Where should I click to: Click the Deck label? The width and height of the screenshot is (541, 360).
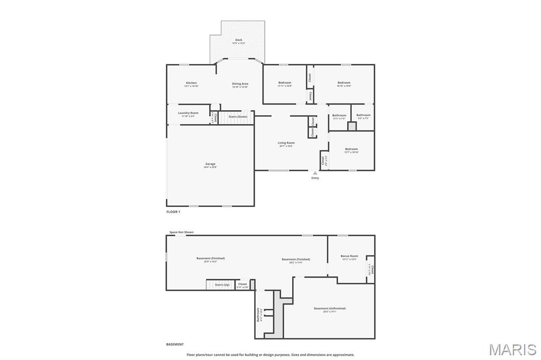(x=239, y=40)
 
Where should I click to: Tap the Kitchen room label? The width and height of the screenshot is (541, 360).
(x=191, y=83)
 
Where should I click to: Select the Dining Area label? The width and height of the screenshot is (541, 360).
(x=240, y=84)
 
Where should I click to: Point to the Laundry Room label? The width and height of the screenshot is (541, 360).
(x=188, y=113)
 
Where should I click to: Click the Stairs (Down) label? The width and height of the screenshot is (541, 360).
(x=238, y=116)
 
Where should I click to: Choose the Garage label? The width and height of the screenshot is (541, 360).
(x=210, y=164)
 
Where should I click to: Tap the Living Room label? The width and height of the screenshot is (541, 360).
(x=286, y=143)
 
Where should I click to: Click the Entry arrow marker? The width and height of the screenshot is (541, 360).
(x=315, y=173)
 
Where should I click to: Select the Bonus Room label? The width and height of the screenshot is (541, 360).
(x=349, y=257)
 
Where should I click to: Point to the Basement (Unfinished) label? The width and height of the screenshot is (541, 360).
(x=330, y=309)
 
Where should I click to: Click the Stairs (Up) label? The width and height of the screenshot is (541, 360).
(x=222, y=285)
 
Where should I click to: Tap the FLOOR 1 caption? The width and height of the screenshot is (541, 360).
(x=173, y=212)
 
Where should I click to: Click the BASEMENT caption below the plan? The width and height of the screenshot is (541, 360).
(x=175, y=344)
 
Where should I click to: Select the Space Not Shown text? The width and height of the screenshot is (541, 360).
(x=181, y=232)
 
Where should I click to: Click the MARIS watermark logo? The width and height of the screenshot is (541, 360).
(x=512, y=349)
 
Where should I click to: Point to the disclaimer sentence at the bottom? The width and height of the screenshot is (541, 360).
(x=270, y=355)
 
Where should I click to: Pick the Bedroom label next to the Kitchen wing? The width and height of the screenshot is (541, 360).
(x=285, y=83)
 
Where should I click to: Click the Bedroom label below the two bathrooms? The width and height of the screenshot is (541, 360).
(x=351, y=149)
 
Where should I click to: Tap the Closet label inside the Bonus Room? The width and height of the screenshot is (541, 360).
(x=372, y=270)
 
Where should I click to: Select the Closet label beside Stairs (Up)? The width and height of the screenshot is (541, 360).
(x=242, y=284)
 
